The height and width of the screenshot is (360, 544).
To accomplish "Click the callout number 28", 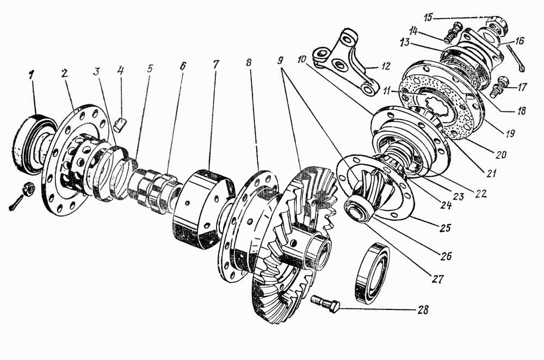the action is click(x=422, y=309).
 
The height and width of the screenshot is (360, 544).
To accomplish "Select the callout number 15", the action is click(x=429, y=17).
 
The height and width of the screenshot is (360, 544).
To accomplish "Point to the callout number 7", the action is click(x=216, y=65).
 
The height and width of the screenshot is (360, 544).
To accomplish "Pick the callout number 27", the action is click(x=437, y=278).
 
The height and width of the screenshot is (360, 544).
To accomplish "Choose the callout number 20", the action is click(x=500, y=154).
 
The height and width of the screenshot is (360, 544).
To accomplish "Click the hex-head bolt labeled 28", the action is click(x=325, y=303).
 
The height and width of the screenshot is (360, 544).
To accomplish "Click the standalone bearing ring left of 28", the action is click(x=372, y=274).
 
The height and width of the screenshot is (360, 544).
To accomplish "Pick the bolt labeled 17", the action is click(x=499, y=87).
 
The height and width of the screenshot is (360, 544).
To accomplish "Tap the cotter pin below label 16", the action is click(x=516, y=58).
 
